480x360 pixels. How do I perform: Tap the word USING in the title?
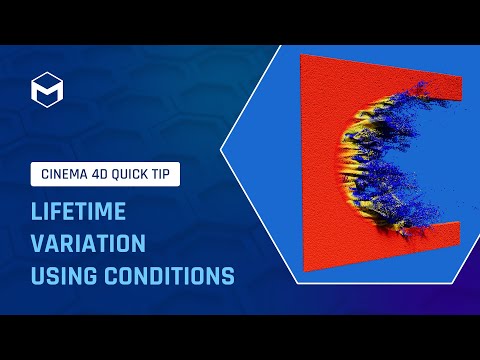pos(59,274)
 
